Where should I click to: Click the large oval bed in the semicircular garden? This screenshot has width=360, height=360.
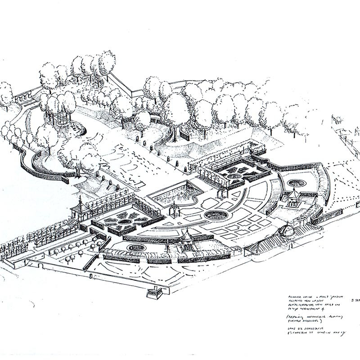click(216, 215)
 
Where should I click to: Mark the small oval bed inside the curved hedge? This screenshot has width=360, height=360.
click(296, 183)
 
